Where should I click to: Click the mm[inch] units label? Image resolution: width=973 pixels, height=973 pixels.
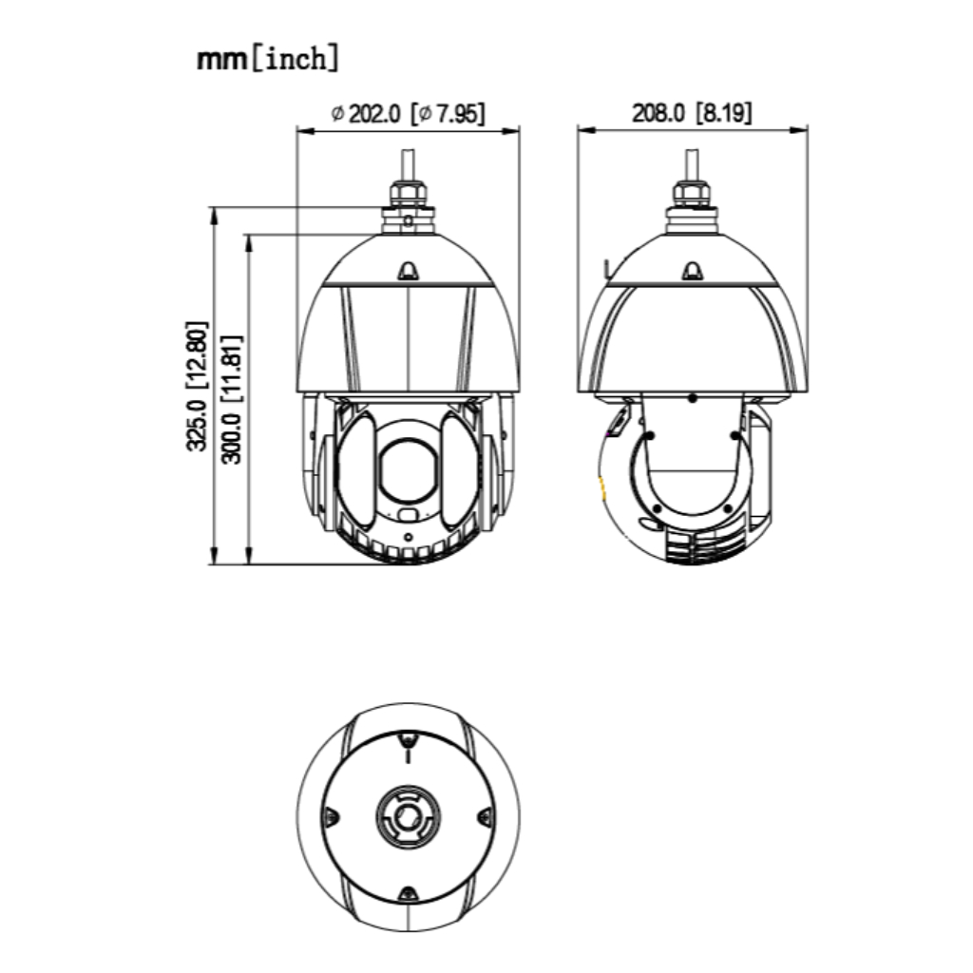point(267,59)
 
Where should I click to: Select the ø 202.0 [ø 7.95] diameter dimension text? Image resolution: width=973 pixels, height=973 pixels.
point(408,113)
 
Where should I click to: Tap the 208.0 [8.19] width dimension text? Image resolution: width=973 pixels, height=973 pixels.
point(692,113)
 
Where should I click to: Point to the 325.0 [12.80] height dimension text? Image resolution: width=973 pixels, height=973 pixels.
point(196,385)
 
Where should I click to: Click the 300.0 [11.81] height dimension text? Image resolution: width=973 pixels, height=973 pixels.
point(231,398)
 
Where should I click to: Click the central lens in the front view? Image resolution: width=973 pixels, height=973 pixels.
point(408,467)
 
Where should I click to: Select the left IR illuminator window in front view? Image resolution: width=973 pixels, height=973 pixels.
point(357,471)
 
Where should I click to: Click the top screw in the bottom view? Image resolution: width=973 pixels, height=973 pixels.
point(408,739)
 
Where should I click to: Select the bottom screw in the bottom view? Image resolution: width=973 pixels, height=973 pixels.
point(408,893)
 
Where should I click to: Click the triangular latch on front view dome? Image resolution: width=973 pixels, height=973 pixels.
point(408,272)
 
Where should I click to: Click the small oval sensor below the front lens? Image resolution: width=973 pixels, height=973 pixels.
point(408,515)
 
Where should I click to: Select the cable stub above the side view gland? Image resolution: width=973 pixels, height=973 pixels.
point(693,162)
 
